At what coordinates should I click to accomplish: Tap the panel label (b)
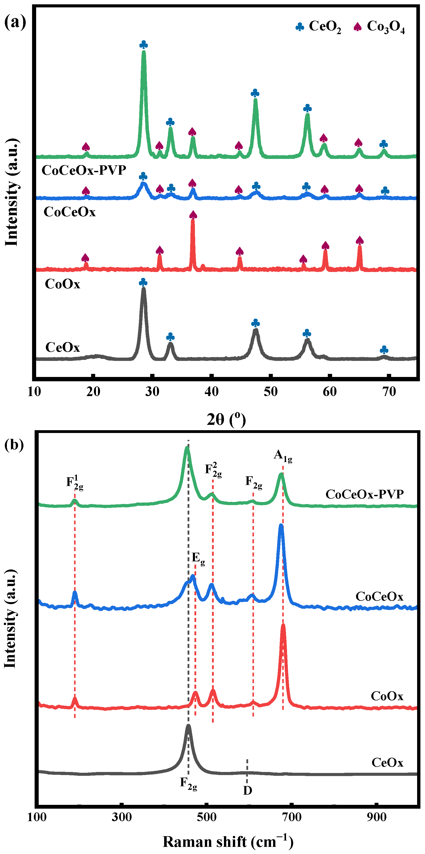(14, 444)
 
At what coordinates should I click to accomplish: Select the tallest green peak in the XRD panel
(144, 53)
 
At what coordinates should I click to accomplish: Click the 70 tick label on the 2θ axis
(389, 392)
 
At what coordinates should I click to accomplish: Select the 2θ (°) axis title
(226, 419)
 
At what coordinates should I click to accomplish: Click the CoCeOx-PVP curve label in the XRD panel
(84, 170)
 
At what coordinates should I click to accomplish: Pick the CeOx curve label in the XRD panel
(63, 347)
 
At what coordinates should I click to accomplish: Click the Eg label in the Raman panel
(198, 558)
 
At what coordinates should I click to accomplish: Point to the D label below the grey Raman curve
(247, 791)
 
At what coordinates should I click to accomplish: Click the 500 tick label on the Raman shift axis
(206, 817)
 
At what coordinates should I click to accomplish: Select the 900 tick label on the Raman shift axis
(376, 817)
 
